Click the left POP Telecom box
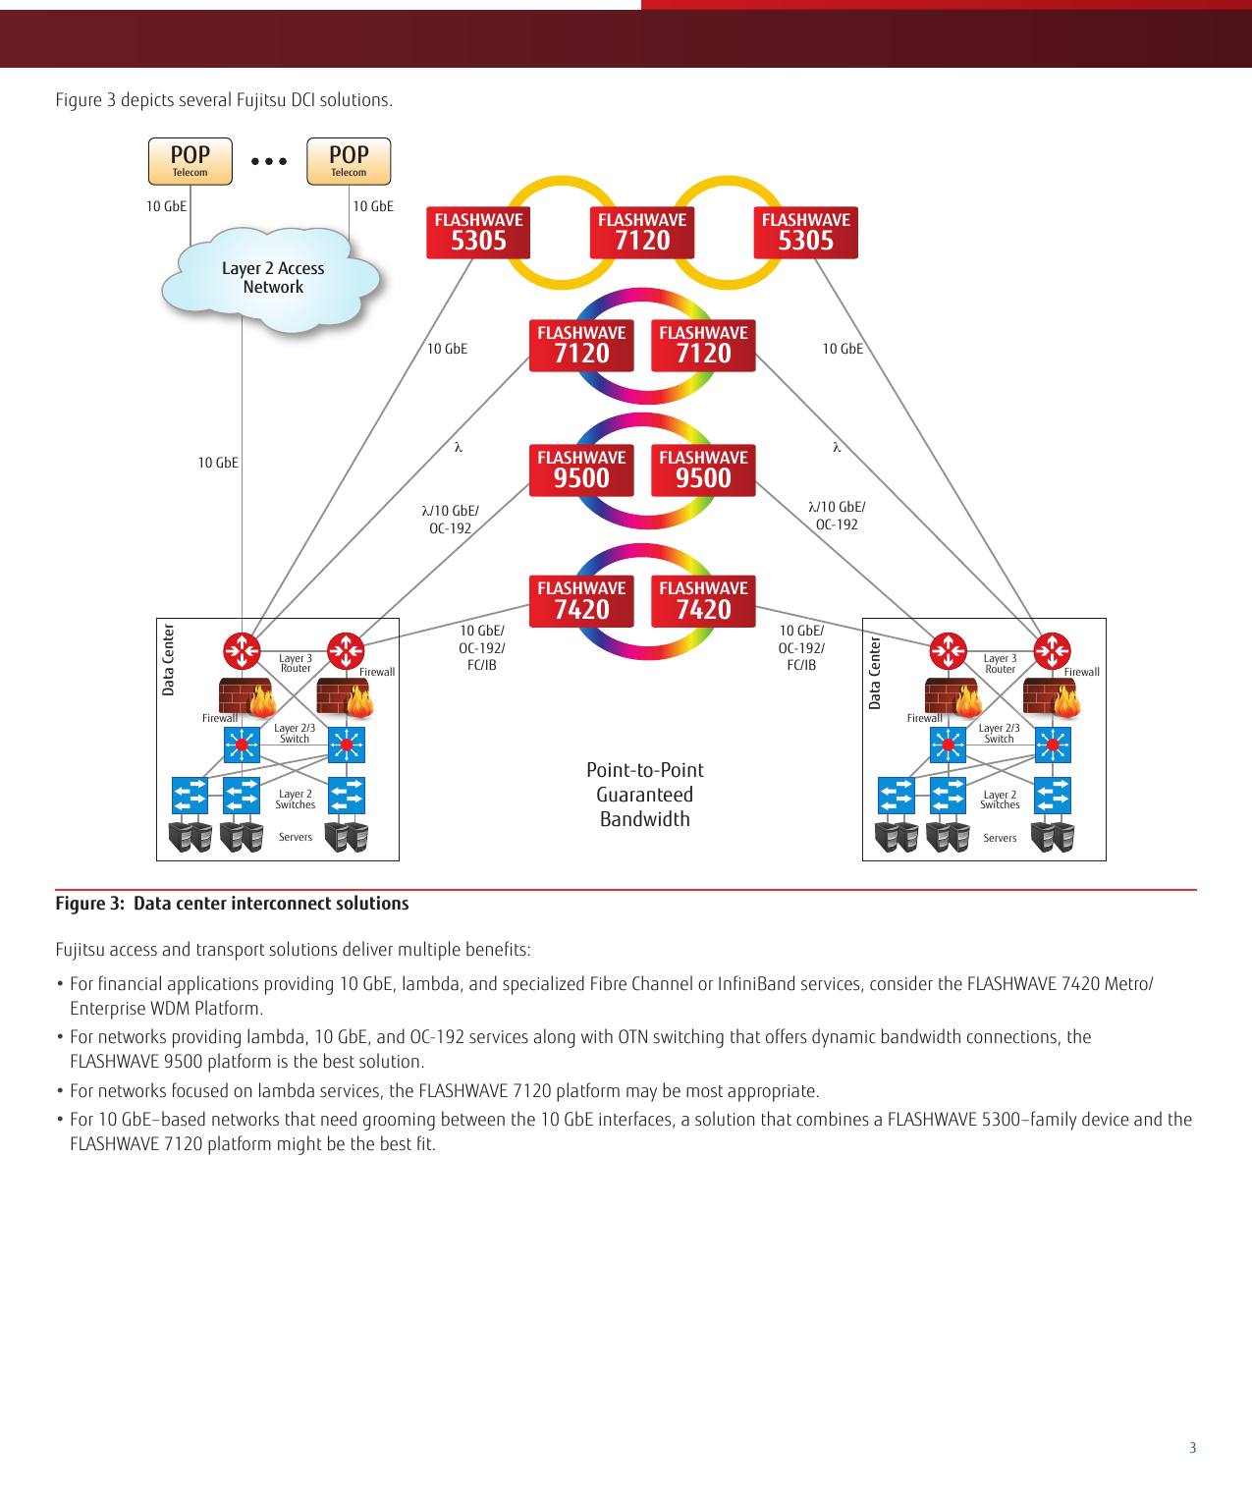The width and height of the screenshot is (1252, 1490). click(190, 161)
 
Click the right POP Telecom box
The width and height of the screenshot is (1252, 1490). click(349, 161)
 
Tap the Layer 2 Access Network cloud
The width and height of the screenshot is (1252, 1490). click(272, 278)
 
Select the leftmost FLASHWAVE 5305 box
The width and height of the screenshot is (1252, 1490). click(478, 233)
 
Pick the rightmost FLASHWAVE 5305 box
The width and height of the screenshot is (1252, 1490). click(805, 233)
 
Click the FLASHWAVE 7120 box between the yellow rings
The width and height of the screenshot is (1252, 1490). click(642, 233)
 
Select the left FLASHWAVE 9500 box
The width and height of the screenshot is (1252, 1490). click(581, 470)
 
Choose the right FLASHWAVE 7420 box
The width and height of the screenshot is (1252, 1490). click(703, 601)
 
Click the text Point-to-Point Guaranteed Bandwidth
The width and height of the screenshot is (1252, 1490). click(644, 795)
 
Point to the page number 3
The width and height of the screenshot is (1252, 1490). click(1192, 1448)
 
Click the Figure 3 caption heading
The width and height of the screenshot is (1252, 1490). click(232, 904)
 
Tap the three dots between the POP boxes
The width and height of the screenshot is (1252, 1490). click(268, 161)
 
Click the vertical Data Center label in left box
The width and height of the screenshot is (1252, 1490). click(168, 660)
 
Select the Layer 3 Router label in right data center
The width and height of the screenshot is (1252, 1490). click(1000, 664)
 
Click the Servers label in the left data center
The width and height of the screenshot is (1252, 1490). click(295, 838)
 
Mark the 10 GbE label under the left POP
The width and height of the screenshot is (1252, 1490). click(166, 206)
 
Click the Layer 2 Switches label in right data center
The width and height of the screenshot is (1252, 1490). click(1000, 800)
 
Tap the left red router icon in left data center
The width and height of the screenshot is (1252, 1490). click(242, 650)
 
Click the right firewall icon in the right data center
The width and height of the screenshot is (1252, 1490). click(1051, 696)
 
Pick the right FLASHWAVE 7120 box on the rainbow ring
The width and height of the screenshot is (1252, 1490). click(703, 346)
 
